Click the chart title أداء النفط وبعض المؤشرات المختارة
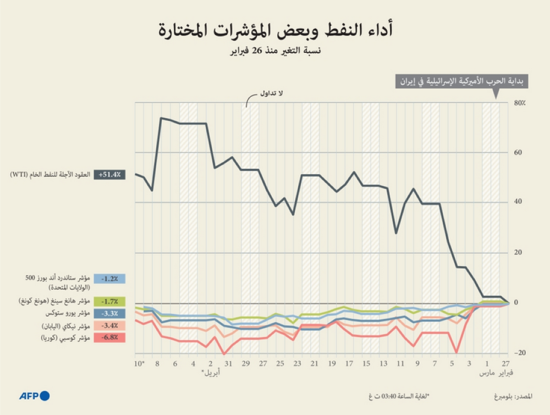(275, 30)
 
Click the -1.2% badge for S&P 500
(110, 278)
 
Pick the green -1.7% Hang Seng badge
(110, 301)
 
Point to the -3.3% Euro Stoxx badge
(110, 313)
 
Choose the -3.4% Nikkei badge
(110, 326)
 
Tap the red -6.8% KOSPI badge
(110, 337)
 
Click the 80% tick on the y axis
(519, 103)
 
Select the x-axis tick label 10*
(139, 364)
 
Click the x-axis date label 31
(228, 364)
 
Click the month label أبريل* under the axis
(210, 373)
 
